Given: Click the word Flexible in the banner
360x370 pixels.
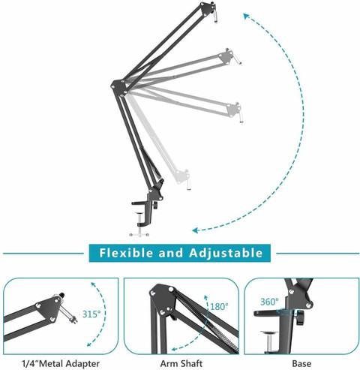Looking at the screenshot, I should point(130,252).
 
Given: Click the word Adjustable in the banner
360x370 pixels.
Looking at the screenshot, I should point(225,252).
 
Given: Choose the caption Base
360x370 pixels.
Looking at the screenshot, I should point(302,361).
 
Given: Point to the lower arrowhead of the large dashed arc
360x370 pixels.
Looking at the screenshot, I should point(194,231).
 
